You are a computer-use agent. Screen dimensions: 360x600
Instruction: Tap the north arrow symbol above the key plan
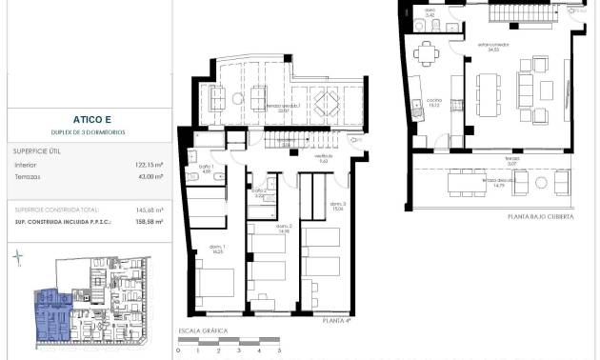(x=18, y=257)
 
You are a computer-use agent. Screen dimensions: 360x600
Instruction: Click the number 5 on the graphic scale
(x=279, y=351)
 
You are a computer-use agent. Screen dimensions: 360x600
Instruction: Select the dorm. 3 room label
(x=338, y=207)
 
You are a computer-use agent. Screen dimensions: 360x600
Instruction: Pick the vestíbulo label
(x=323, y=159)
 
